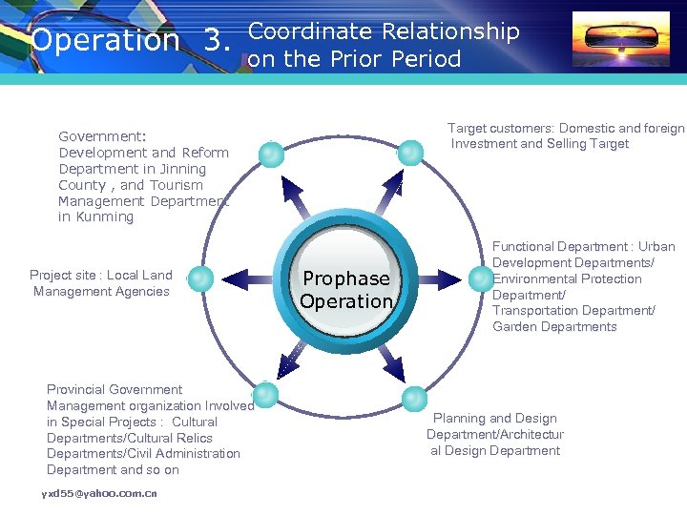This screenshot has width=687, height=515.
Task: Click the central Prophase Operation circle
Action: coord(346,289)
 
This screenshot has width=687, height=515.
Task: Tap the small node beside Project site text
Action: coord(200,278)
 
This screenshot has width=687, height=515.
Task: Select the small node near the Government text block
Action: coord(273,154)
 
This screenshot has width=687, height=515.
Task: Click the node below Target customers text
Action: coord(410,152)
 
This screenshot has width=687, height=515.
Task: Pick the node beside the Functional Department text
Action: coord(480,278)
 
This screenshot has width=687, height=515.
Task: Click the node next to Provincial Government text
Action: coord(265,395)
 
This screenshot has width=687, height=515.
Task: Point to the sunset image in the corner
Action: coord(620,39)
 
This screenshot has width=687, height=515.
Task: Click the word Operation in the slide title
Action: coord(105,41)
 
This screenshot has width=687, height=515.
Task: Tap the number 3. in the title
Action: coord(218,41)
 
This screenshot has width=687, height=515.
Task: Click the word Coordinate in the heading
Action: coord(310,31)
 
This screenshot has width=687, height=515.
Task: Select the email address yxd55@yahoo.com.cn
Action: coord(99,493)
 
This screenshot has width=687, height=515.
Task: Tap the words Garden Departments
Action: coord(554,327)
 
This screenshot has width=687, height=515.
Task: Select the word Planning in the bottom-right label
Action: coord(459,419)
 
